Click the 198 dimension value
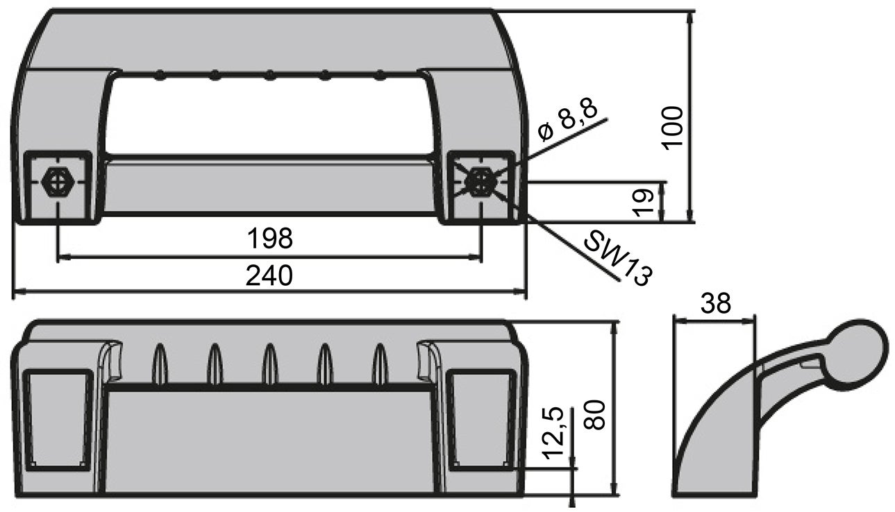click(x=271, y=238)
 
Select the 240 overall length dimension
click(x=270, y=275)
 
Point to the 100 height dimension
click(x=673, y=128)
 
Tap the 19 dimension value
click(x=644, y=202)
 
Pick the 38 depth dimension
click(x=715, y=303)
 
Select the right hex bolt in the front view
click(x=480, y=182)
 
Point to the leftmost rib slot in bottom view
click(x=160, y=364)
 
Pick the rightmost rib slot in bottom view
click(x=380, y=364)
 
